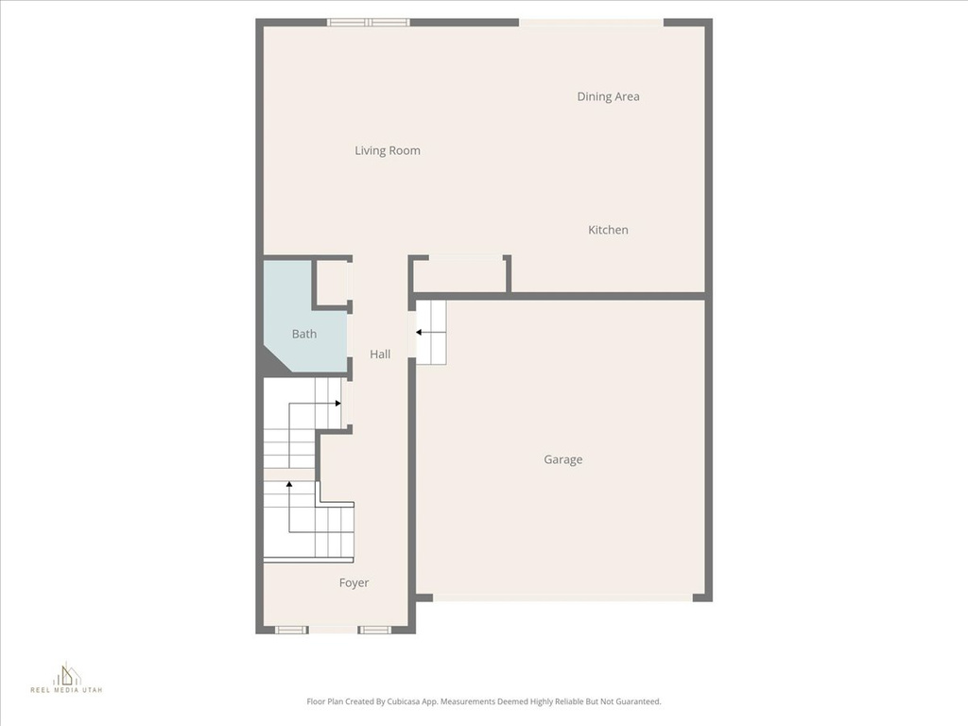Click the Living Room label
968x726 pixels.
[387, 150]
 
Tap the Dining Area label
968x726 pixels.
[608, 96]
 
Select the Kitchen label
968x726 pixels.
[608, 230]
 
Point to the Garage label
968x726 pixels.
[563, 459]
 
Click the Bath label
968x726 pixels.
[304, 334]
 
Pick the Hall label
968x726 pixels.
[380, 354]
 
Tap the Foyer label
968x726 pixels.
[354, 582]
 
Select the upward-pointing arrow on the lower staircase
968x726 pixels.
[289, 507]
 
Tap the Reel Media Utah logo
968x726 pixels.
[67, 678]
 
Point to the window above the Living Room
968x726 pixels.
[368, 23]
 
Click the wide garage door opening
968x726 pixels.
[562, 597]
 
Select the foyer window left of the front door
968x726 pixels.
[291, 630]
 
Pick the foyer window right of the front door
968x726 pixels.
[374, 630]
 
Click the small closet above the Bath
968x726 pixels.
[332, 283]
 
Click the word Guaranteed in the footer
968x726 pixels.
[640, 701]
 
